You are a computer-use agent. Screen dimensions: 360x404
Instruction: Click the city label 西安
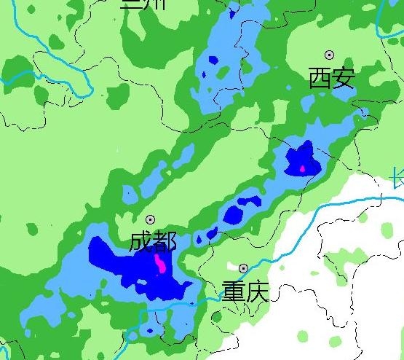(332, 77)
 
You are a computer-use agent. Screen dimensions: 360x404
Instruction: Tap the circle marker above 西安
(329, 55)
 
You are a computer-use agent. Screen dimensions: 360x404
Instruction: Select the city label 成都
(153, 241)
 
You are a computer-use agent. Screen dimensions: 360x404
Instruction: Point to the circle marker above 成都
(151, 219)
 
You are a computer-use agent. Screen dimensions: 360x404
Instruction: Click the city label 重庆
(245, 291)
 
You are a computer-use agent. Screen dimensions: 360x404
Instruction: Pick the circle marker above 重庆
(243, 268)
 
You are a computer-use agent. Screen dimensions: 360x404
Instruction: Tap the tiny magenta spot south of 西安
(303, 169)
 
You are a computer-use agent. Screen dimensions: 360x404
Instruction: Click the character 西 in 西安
(320, 77)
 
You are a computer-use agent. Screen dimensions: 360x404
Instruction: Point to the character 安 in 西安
(344, 77)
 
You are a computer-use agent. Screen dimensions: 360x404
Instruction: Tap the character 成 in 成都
(141, 241)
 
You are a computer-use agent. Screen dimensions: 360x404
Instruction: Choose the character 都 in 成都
(165, 241)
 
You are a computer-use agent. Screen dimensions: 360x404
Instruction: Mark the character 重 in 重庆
(234, 291)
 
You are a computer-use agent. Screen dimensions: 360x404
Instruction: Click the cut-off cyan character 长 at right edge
(397, 177)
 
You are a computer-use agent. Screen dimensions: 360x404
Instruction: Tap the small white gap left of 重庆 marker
(231, 268)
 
